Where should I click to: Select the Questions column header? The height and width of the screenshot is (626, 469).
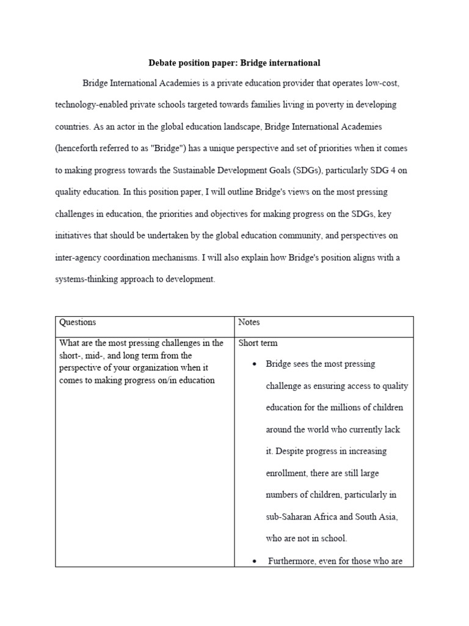click(77, 322)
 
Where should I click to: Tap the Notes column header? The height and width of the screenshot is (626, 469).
click(249, 322)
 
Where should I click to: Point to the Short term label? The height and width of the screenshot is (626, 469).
click(258, 343)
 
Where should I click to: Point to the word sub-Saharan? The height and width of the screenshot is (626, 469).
click(290, 517)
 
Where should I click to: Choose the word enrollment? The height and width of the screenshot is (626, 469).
click(288, 473)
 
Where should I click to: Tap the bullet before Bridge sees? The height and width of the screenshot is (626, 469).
click(253, 365)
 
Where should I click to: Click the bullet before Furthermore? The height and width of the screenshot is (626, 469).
click(253, 561)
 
